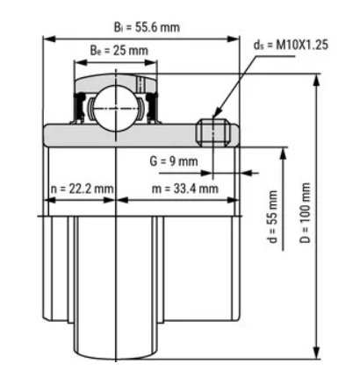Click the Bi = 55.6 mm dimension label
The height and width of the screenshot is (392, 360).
coord(147,27)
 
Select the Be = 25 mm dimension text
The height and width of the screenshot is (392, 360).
coord(119,51)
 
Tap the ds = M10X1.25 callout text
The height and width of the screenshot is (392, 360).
coord(291,45)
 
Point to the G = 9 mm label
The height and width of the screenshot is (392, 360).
coord(174,161)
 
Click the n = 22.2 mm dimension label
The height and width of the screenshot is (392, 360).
coord(82,189)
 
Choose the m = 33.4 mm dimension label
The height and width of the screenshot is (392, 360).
coord(185,189)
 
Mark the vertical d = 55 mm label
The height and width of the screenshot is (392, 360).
coord(272,217)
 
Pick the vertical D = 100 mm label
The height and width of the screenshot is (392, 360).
coord(305,213)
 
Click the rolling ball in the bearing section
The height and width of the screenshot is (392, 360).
coord(116,108)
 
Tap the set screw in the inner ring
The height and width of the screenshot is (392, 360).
coord(213,132)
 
